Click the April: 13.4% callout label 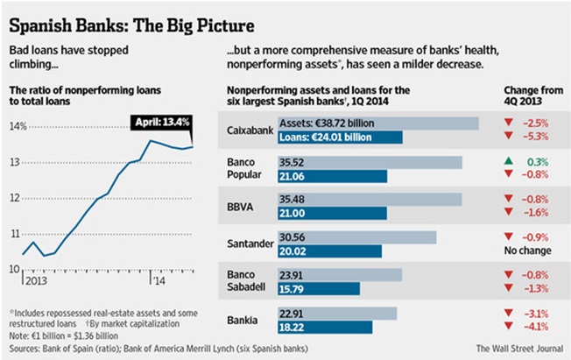point(160,121)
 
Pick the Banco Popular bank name point(244,168)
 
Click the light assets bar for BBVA point(368,200)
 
